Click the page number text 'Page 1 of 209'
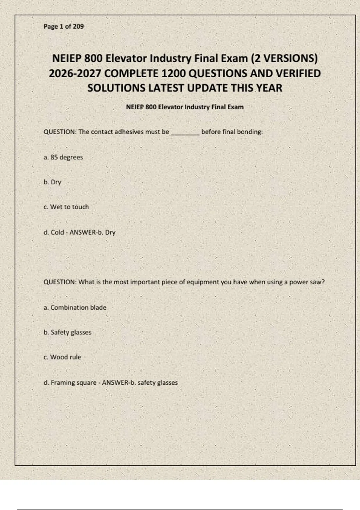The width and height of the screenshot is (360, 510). tap(64, 26)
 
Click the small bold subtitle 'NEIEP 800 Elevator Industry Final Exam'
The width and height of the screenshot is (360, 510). tap(185, 107)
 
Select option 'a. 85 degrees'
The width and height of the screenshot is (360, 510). tap(63, 157)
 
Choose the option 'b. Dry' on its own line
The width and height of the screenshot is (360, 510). tap(52, 182)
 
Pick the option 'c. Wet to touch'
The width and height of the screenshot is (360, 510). tap(66, 207)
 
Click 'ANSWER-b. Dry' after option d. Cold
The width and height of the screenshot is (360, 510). tap(92, 232)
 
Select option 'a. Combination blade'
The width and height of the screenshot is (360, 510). tap(75, 307)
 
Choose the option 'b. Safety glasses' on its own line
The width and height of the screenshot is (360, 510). tap(67, 332)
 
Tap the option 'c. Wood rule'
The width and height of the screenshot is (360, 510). tap(62, 357)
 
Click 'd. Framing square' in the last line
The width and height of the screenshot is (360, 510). tap(70, 382)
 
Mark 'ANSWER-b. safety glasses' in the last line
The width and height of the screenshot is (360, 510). tap(140, 382)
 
